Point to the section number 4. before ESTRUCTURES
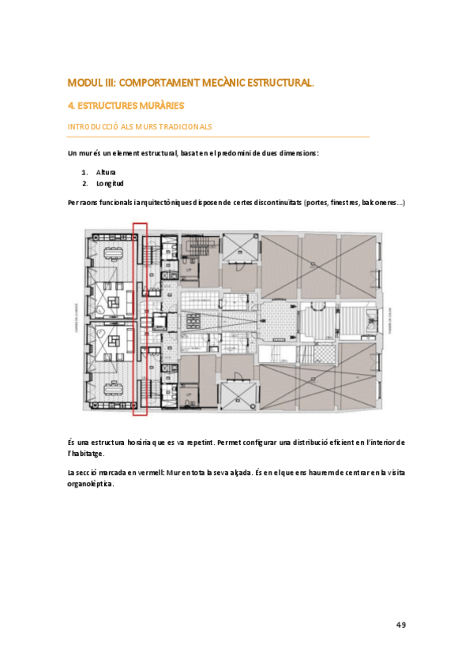pos(71,105)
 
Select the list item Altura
pos(106,171)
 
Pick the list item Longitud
pos(110,183)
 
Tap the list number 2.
pos(84,183)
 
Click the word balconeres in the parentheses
pos(381,203)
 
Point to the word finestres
pos(335,203)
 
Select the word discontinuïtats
pos(268,203)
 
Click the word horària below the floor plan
pos(134,442)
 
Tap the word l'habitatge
pos(86,454)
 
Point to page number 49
pos(400,625)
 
